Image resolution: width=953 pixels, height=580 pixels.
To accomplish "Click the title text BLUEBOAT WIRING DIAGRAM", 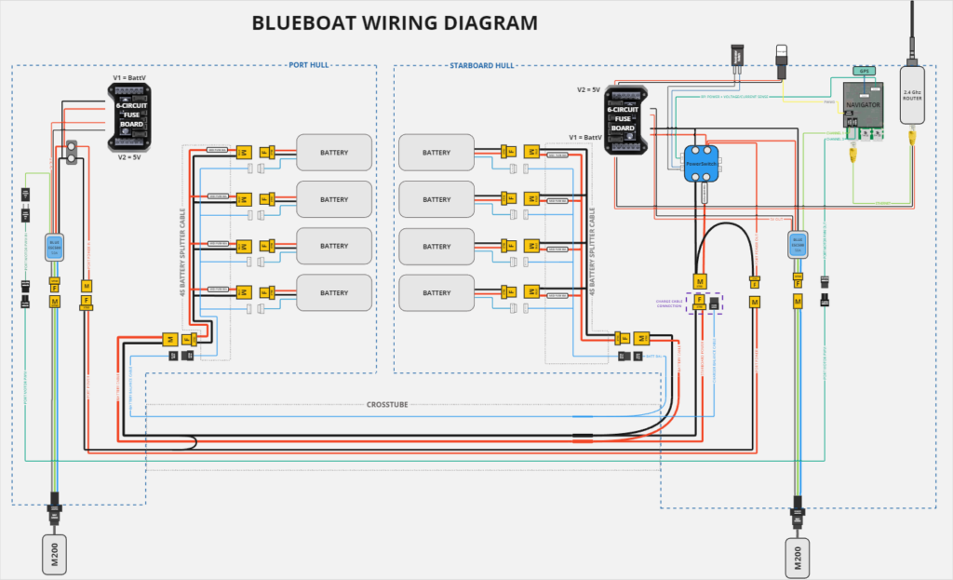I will pyautogui.click(x=395, y=23).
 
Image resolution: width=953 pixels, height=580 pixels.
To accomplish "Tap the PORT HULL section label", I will pyautogui.click(x=308, y=65).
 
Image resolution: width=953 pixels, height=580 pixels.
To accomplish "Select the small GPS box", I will pyautogui.click(x=864, y=71).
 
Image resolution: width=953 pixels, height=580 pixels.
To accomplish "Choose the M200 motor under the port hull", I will pyautogui.click(x=55, y=552).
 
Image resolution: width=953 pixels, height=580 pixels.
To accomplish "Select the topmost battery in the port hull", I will pyautogui.click(x=334, y=152).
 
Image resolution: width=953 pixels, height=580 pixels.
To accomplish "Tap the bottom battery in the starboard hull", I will pyautogui.click(x=436, y=292).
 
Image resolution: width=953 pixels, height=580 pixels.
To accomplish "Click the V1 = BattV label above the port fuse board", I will pyautogui.click(x=129, y=77).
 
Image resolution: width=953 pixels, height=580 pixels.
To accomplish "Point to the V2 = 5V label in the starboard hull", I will pyautogui.click(x=589, y=89).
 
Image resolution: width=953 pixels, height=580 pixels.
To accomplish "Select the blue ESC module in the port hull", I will pyautogui.click(x=54, y=246).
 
